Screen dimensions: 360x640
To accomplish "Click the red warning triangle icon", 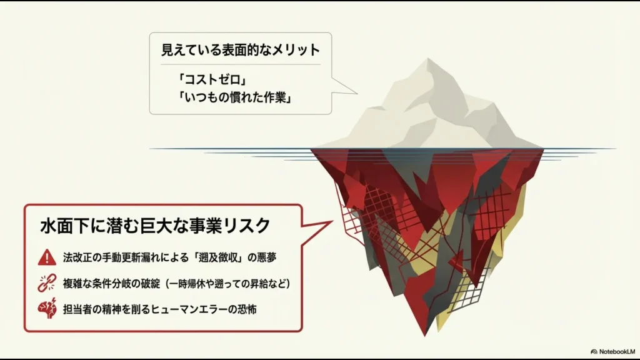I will point(46,256).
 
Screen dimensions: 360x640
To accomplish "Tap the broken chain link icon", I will point(46,282).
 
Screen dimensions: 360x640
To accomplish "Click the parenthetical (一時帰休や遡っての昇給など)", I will point(232,283).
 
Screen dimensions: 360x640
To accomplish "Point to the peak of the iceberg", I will point(427,60).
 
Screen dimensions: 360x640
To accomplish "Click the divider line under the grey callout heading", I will point(240,64).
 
